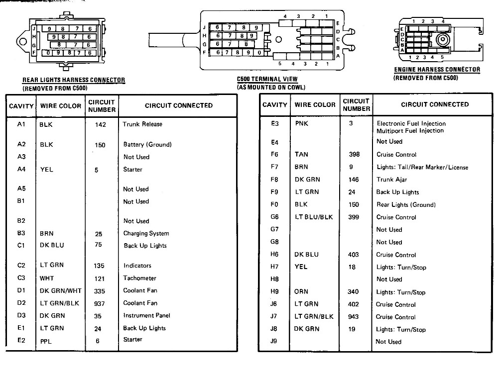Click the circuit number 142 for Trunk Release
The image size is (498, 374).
click(100, 125)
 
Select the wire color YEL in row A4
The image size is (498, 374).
click(46, 170)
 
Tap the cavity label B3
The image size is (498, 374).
click(21, 233)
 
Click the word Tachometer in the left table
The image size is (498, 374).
click(140, 278)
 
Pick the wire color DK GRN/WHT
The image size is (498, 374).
click(61, 290)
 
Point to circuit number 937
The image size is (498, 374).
click(99, 303)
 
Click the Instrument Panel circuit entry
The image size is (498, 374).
click(147, 315)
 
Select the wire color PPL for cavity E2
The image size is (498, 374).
click(46, 341)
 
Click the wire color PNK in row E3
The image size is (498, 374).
click(302, 123)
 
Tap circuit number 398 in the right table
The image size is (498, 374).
click(354, 155)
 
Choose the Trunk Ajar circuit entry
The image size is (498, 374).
click(392, 180)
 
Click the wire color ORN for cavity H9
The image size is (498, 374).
click(301, 292)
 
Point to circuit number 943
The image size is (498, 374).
click(354, 317)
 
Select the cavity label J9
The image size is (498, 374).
click(273, 342)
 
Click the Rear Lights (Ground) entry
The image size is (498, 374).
click(406, 204)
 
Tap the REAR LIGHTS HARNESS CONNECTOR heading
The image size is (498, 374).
click(74, 80)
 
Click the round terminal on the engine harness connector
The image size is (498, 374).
click(441, 40)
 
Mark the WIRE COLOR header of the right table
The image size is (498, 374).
click(315, 105)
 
